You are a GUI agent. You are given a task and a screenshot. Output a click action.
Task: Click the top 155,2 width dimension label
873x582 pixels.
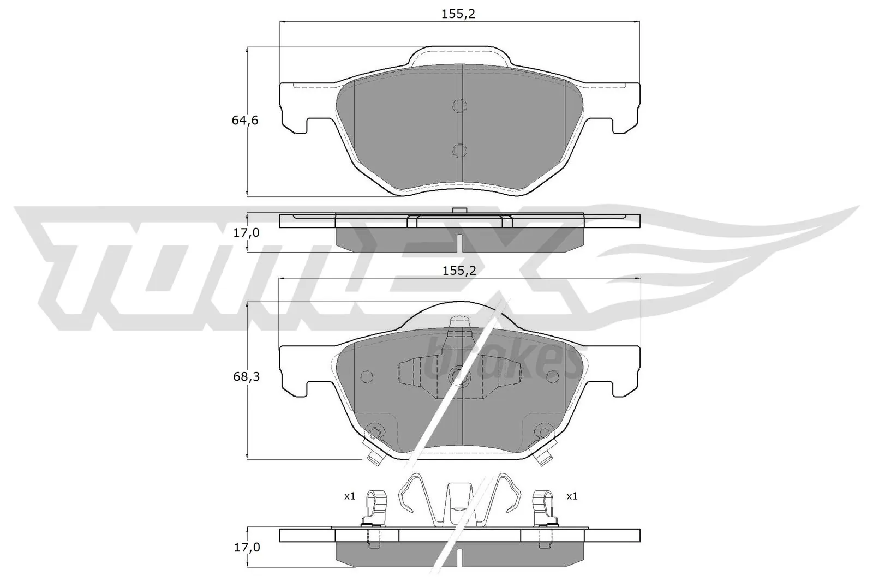[x=458, y=14]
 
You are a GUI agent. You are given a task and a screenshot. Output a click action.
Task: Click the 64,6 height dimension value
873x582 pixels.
[x=245, y=121]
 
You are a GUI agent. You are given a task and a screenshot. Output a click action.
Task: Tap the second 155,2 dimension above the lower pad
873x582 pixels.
[x=458, y=270]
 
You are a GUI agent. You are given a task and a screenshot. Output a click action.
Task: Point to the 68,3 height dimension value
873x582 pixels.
[x=245, y=377]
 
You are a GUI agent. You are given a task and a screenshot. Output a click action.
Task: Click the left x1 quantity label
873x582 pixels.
[x=349, y=496]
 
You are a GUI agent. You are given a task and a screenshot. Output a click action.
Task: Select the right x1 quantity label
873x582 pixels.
[x=571, y=496]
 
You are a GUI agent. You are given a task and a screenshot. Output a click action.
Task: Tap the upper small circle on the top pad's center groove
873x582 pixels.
[x=459, y=105]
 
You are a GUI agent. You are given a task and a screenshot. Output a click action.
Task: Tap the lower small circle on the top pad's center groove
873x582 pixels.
[x=459, y=150]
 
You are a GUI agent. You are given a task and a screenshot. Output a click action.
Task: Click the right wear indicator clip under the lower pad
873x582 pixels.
[x=544, y=457]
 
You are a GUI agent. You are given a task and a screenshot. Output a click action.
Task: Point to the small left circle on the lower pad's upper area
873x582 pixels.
[x=366, y=376]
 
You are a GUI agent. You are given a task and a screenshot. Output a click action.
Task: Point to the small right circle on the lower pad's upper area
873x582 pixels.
[x=552, y=375]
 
